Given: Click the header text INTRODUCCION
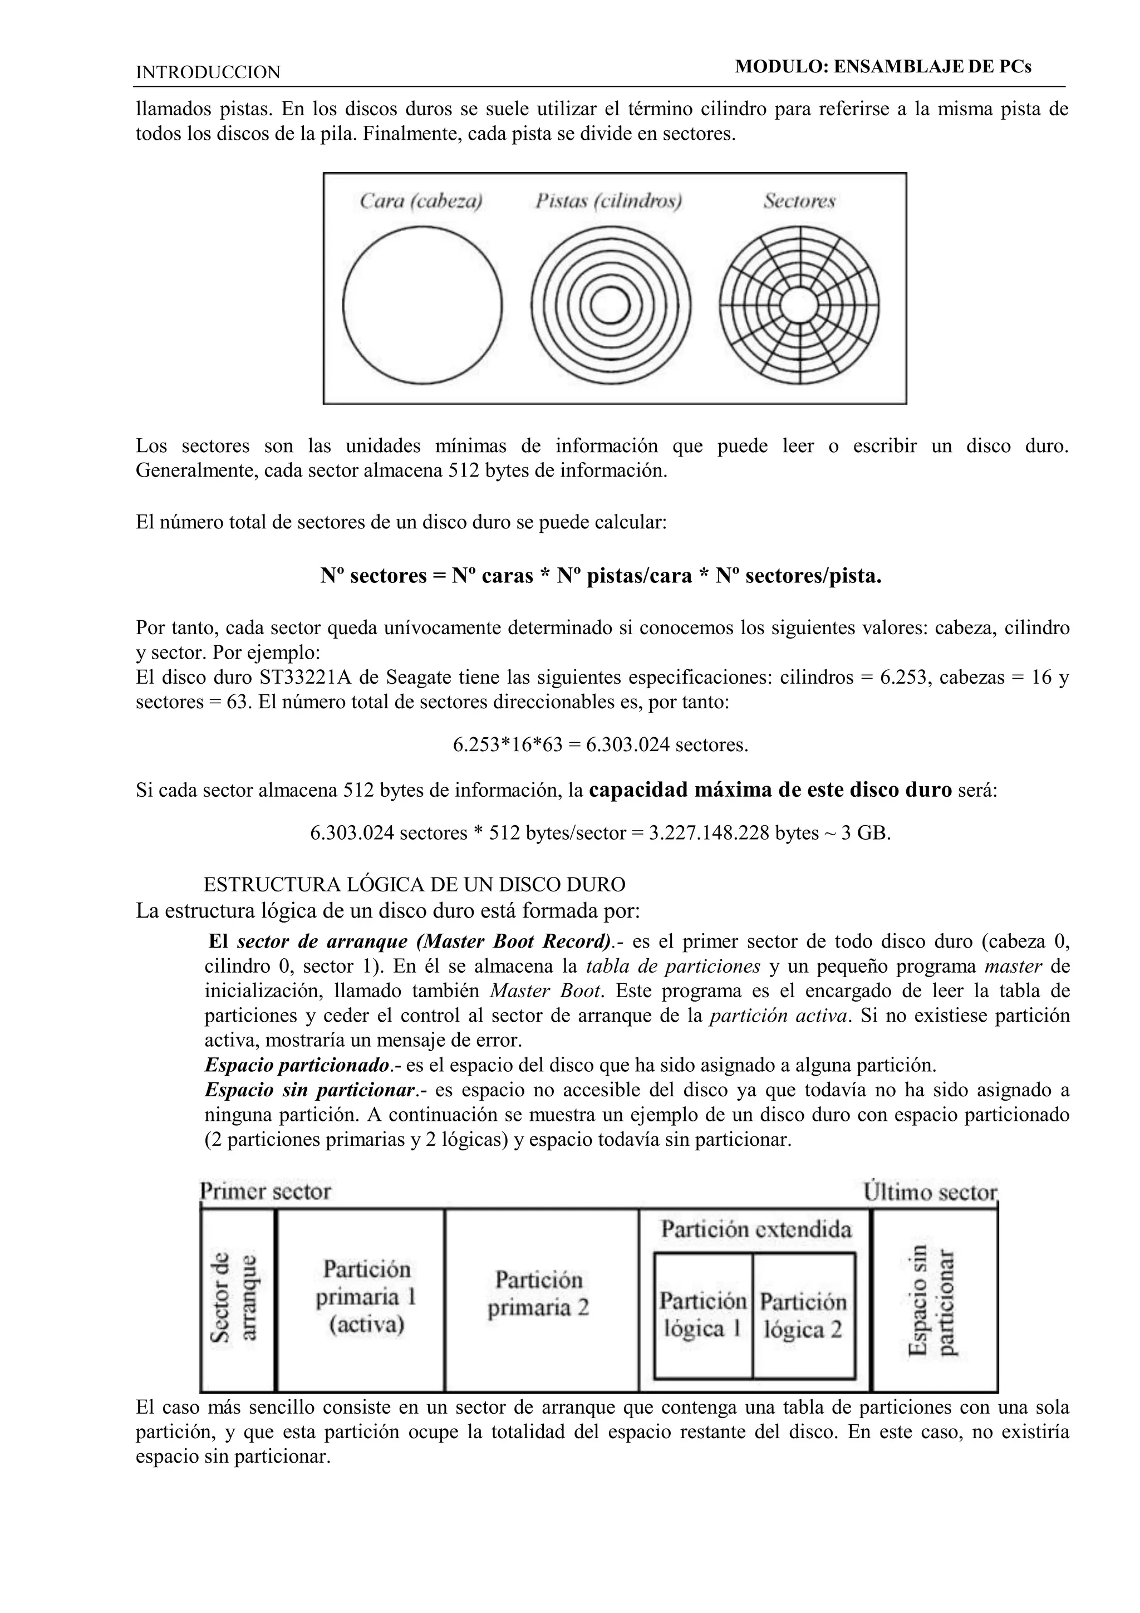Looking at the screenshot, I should (208, 72).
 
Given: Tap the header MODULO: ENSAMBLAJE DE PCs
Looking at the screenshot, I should (883, 67).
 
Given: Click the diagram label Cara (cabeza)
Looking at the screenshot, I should (421, 202).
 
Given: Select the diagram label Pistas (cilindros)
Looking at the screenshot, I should (609, 202).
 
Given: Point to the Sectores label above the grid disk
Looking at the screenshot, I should (799, 202).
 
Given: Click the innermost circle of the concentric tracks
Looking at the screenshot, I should (611, 306).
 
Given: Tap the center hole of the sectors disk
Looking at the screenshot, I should (799, 306).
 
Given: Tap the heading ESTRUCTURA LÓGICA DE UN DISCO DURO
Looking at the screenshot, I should (414, 885).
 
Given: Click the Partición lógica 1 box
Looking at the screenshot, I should (702, 1315).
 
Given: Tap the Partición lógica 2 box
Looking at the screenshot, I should (803, 1315).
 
